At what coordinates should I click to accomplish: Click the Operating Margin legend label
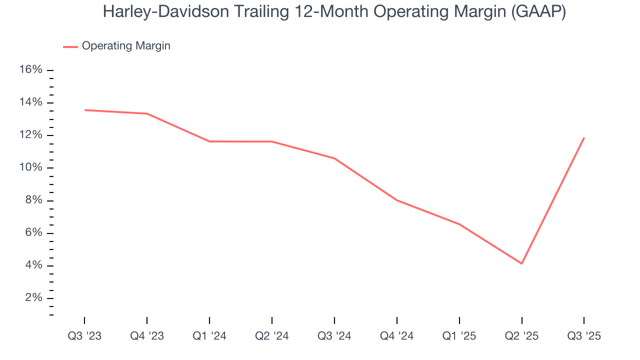tap(126, 46)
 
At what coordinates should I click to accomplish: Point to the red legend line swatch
tap(70, 46)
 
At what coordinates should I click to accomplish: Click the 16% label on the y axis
tap(30, 70)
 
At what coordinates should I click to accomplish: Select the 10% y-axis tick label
tap(30, 167)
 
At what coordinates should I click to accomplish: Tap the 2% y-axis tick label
tap(33, 298)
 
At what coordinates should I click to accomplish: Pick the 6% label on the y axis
tap(33, 233)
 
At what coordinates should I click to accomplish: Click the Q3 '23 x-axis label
tap(84, 336)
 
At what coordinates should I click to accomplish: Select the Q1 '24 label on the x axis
tap(209, 336)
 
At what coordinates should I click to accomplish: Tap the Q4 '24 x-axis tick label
tap(397, 336)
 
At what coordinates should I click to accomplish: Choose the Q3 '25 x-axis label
tap(584, 336)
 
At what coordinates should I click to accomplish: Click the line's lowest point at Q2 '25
tap(522, 263)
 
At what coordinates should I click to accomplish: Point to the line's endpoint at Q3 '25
tap(584, 137)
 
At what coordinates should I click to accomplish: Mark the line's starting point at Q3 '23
tap(84, 110)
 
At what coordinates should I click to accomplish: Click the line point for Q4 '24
tap(397, 200)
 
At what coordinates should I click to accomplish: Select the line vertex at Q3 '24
tap(334, 158)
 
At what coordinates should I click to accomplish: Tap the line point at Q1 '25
tap(459, 224)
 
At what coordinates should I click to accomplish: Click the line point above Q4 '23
tap(147, 113)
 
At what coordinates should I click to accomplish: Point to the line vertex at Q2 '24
tap(272, 141)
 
